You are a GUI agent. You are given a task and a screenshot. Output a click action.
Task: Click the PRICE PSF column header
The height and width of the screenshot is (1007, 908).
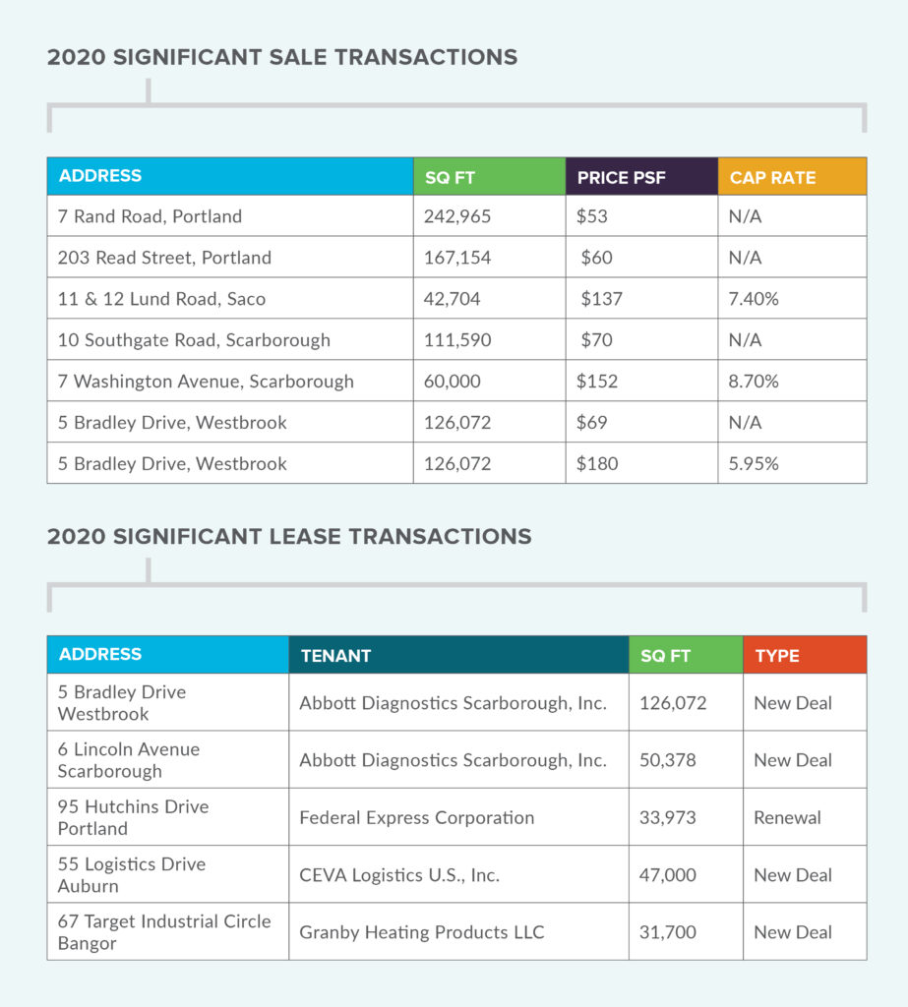621,178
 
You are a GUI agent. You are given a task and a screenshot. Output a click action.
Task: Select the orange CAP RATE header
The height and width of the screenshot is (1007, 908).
772,178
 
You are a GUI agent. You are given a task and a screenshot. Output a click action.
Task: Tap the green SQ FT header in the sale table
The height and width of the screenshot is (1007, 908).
451,178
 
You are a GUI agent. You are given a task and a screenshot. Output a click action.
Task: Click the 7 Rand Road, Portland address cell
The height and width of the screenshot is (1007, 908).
150,216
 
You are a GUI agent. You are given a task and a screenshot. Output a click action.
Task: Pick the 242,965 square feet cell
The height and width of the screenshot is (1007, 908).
456,216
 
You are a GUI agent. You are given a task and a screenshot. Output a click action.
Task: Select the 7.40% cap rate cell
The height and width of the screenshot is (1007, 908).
754,299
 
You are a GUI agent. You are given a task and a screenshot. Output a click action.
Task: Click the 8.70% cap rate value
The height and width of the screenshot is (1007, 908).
754,382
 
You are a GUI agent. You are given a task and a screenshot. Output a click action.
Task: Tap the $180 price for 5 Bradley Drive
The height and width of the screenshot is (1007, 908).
597,464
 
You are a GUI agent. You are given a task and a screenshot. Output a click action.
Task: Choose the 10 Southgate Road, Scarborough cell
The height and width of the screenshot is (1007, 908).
194,340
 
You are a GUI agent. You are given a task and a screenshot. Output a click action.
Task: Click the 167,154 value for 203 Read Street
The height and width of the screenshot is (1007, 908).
456,258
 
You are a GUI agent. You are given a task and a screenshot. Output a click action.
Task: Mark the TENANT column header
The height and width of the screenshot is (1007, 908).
336,656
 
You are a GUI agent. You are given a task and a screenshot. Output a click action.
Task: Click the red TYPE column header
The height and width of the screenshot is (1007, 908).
777,656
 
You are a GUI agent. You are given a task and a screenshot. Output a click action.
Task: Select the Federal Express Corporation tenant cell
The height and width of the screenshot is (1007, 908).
417,818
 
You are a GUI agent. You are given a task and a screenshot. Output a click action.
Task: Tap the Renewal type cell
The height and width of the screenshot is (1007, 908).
787,818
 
